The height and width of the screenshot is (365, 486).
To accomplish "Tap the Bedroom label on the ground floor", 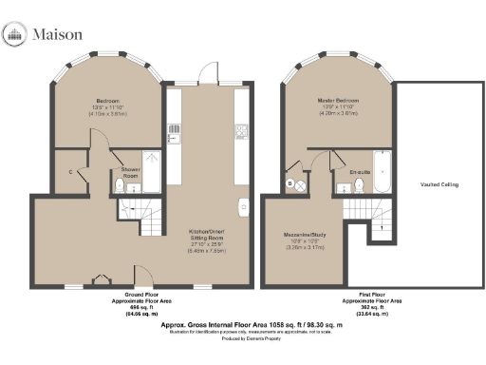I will [105, 100].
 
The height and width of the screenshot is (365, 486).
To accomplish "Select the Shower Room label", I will [130, 170].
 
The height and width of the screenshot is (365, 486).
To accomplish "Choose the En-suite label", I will [358, 172].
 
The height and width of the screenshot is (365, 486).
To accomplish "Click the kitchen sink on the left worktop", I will [173, 132].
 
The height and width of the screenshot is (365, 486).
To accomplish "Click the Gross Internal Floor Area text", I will [243, 324].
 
